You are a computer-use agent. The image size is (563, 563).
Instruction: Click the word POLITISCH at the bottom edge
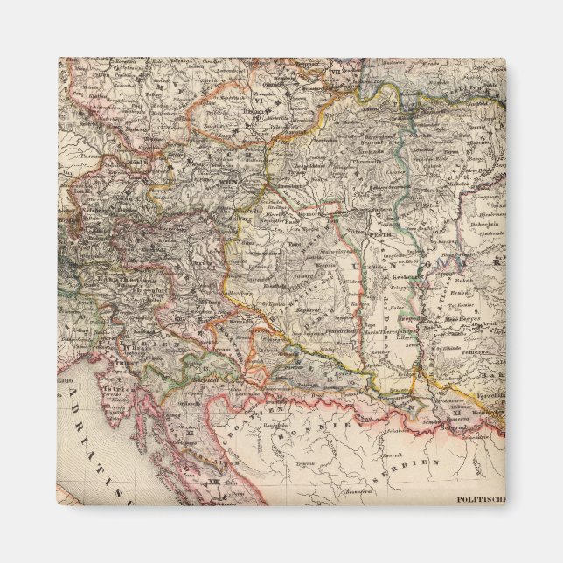(x=482, y=499)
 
